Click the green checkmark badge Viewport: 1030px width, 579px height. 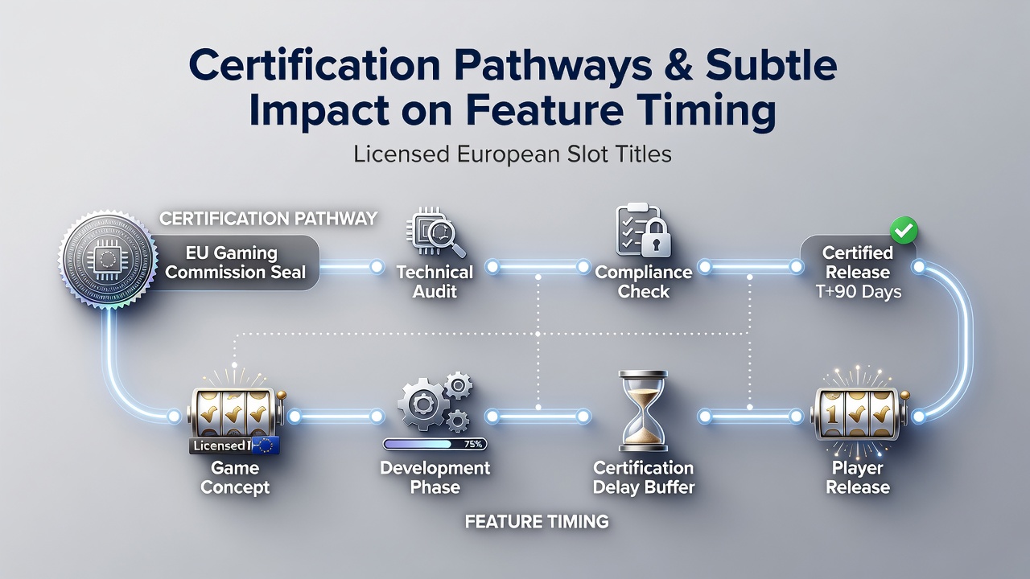point(904,230)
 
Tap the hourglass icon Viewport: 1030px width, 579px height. point(643,410)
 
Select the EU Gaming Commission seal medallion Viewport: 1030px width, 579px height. point(108,260)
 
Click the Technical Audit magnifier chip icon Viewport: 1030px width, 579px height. point(435,233)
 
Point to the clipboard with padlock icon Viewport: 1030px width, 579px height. point(643,230)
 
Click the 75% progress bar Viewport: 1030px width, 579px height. point(435,444)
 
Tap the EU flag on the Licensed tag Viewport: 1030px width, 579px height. point(266,446)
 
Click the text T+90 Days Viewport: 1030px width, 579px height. point(858,291)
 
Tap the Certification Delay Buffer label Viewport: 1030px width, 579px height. point(643,478)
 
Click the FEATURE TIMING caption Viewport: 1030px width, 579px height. point(537,522)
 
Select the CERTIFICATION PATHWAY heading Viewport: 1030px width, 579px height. point(269,218)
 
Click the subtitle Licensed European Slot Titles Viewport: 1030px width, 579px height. point(513,154)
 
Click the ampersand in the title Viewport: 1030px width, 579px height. point(679,65)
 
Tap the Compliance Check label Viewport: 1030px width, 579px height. point(643,281)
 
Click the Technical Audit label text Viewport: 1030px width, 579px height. point(435,281)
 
